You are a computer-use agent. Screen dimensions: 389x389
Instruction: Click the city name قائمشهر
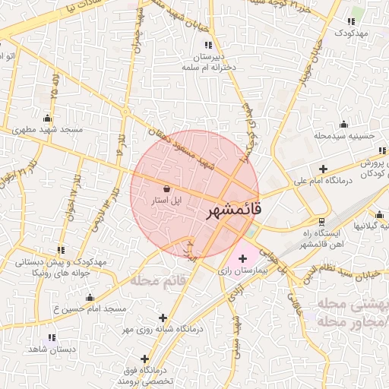[233, 210]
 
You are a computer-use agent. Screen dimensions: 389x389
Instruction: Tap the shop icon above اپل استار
[166, 188]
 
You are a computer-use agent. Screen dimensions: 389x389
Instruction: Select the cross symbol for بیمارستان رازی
[242, 259]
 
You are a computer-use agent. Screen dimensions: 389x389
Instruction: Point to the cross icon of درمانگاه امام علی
[323, 169]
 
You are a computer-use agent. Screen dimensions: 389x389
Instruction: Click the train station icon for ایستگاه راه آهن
[321, 222]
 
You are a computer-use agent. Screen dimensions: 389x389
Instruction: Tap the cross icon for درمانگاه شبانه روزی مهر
[162, 318]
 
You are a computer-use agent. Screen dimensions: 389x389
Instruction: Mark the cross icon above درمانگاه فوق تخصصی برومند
[144, 359]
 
